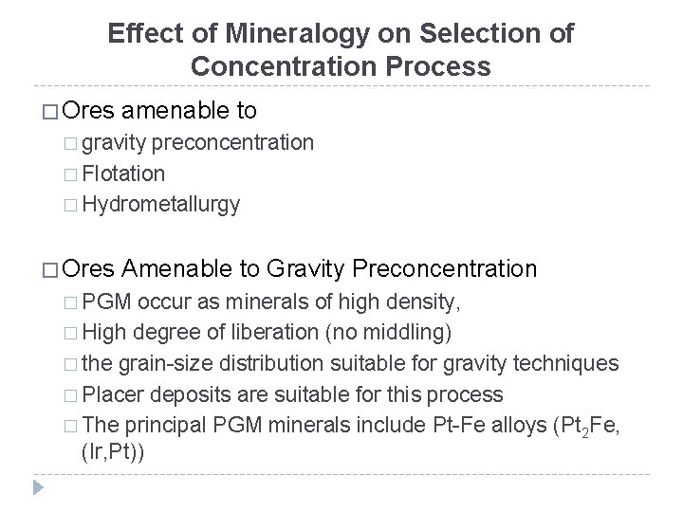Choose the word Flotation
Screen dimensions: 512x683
(123, 174)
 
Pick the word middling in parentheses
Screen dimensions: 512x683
(414, 331)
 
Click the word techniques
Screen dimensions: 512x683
(571, 362)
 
